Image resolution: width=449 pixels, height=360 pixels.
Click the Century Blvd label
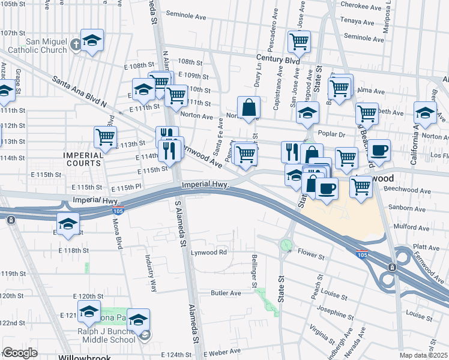point(278,61)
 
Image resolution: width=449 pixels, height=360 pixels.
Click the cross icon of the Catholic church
point(76,44)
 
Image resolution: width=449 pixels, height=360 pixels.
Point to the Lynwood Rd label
point(209,252)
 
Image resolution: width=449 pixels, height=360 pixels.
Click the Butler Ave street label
point(226,293)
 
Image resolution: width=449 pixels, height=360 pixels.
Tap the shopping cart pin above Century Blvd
point(298,43)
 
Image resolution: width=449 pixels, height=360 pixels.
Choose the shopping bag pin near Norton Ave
point(249,109)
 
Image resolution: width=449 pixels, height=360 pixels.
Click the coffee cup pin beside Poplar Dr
point(378,150)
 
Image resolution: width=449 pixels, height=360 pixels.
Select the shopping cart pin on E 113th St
point(106,137)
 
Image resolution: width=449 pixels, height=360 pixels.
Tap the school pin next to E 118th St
point(68,224)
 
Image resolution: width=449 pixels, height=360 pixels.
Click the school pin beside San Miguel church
point(92,41)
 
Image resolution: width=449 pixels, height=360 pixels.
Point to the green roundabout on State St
point(286,245)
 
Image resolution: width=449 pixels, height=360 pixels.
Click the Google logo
point(20,353)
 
